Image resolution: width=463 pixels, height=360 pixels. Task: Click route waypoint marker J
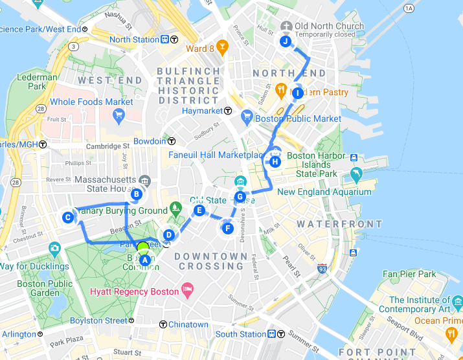coord(285,42)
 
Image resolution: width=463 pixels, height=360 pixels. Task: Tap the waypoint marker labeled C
coord(67,218)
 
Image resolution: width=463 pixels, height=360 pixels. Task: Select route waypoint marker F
coord(227,228)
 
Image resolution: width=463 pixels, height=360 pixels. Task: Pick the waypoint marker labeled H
coord(275,162)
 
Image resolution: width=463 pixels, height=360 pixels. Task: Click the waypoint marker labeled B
coord(137,194)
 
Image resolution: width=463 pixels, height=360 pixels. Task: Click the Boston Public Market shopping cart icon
coord(246,118)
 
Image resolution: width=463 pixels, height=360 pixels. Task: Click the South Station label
coord(241,334)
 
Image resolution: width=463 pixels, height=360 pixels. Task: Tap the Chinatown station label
coord(188,324)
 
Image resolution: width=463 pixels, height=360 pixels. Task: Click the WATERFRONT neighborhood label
coord(339,224)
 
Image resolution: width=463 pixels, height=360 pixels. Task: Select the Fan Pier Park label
coord(409,275)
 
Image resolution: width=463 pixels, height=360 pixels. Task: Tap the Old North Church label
coord(328,27)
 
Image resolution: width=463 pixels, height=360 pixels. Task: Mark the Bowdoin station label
coord(150,141)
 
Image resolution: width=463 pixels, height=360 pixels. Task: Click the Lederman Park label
coord(32,82)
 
